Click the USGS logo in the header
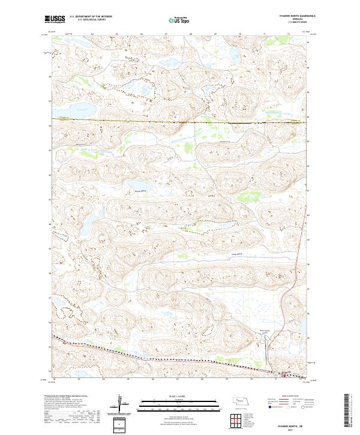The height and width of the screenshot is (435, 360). (x=54, y=19)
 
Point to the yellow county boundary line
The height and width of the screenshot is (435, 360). (x=180, y=122)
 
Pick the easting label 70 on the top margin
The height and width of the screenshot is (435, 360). (x=240, y=35)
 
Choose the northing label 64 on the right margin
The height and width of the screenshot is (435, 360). (x=308, y=92)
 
